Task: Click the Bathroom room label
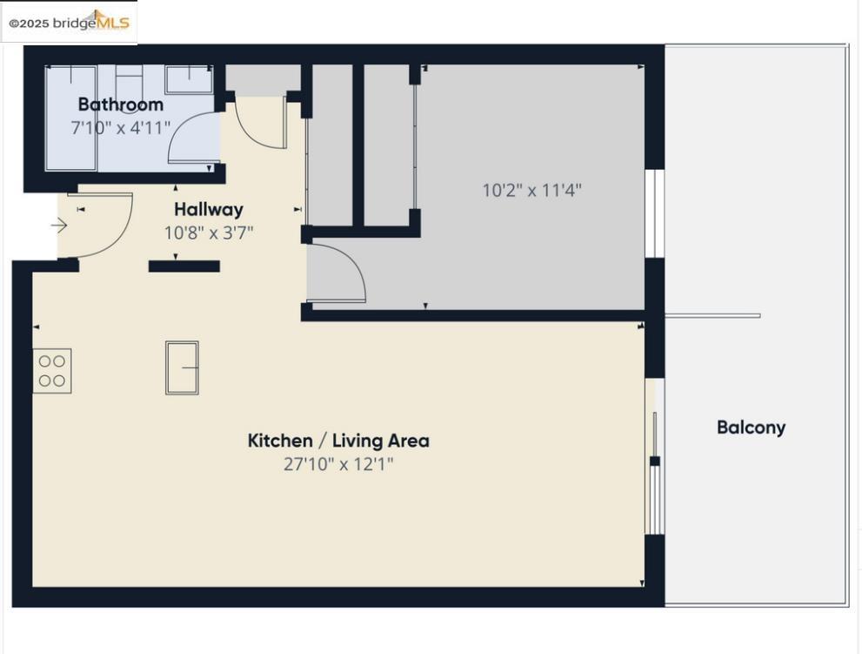(120, 104)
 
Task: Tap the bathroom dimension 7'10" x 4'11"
(120, 128)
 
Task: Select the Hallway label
(209, 209)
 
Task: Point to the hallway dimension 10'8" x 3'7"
(209, 233)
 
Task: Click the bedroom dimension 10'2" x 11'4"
(531, 191)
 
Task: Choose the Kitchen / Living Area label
(338, 441)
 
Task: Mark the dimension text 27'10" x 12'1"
(338, 464)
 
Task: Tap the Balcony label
(751, 428)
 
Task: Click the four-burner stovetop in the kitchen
(52, 370)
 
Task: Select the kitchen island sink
(182, 367)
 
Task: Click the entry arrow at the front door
(59, 226)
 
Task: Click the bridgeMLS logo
(70, 22)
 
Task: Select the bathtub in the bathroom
(71, 118)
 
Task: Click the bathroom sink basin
(189, 80)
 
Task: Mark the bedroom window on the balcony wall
(654, 213)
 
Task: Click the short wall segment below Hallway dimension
(184, 266)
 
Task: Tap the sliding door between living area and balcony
(654, 456)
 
